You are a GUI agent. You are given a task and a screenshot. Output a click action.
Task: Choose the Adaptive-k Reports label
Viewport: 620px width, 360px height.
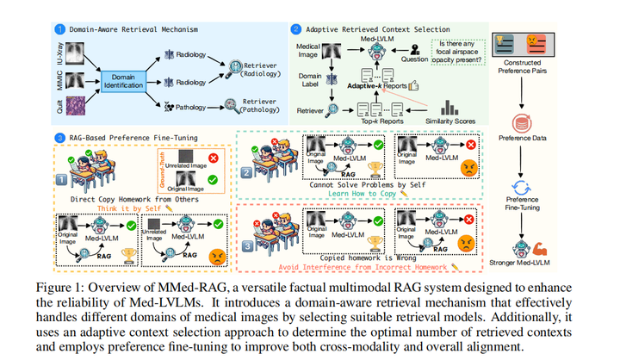(x=373, y=87)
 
